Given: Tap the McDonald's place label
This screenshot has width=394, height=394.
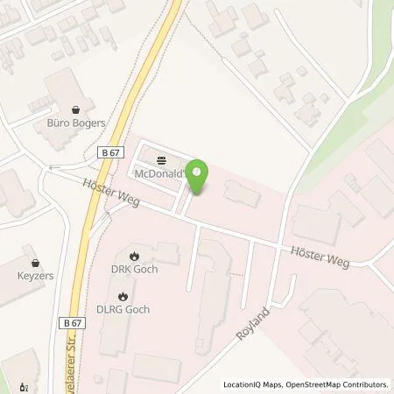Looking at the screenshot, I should pyautogui.click(x=160, y=174).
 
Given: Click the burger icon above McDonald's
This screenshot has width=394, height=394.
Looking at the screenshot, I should pyautogui.click(x=160, y=161).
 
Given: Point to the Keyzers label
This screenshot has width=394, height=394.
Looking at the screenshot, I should pyautogui.click(x=34, y=274).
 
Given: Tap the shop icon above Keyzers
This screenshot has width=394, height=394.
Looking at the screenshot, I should pyautogui.click(x=34, y=261).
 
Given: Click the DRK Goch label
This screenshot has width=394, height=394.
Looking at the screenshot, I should pyautogui.click(x=135, y=269).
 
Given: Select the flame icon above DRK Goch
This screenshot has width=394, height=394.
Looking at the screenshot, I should pyautogui.click(x=135, y=256).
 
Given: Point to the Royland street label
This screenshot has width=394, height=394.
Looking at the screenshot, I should pyautogui.click(x=252, y=323).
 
